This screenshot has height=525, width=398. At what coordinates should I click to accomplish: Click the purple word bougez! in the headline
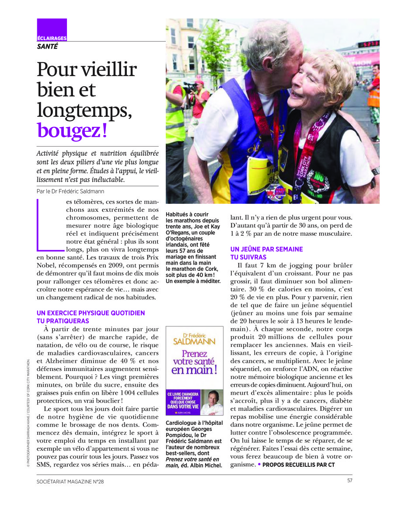coord(72,130)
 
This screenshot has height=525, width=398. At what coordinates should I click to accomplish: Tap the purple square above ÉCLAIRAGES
coord(52,26)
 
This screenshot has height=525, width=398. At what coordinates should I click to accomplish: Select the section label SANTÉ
coord(47,46)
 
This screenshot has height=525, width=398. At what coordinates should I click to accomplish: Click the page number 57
coord(350,481)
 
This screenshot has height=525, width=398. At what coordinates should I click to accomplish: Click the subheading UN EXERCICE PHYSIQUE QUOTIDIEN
coord(91,313)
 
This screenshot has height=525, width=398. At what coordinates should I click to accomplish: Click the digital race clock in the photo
coord(368,44)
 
